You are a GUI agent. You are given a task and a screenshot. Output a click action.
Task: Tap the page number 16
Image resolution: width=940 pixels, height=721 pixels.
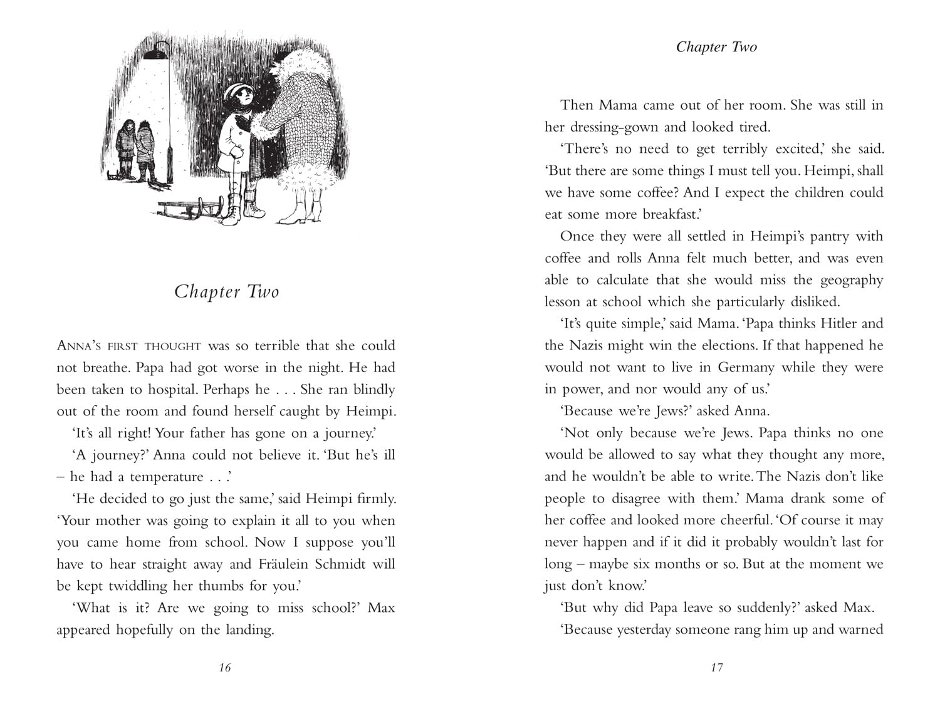(225, 668)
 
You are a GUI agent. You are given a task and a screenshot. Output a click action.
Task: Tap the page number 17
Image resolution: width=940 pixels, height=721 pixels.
(717, 668)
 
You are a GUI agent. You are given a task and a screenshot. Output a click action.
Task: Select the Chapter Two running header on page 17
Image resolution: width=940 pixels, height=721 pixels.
(716, 47)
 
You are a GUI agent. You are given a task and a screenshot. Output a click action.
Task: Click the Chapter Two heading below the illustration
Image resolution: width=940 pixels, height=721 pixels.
(226, 291)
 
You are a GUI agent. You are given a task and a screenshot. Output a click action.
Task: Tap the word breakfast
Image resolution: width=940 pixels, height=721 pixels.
(671, 214)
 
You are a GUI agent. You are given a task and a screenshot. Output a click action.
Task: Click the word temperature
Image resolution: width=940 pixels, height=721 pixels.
(167, 477)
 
